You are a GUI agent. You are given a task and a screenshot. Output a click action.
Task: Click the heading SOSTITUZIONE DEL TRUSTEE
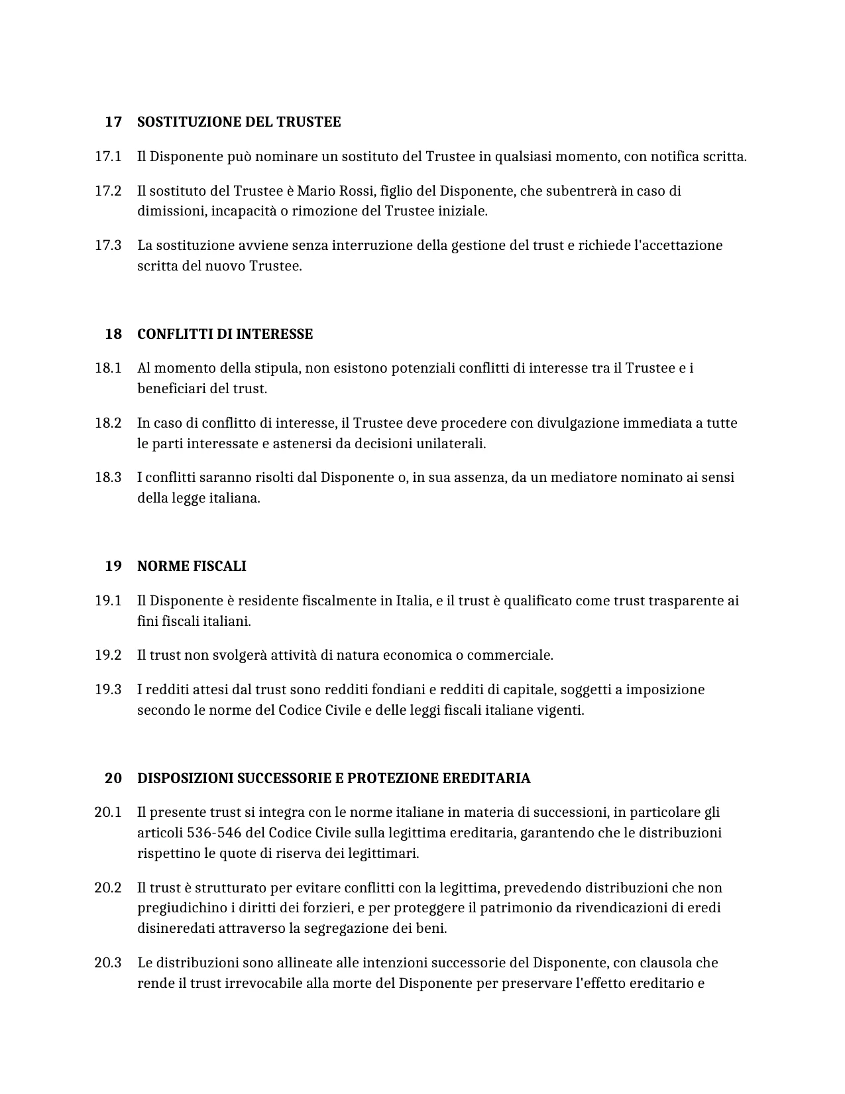tap(239, 122)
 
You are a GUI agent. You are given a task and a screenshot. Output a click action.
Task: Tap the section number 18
tap(113, 334)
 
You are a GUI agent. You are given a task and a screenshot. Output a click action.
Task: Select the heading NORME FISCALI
tap(192, 566)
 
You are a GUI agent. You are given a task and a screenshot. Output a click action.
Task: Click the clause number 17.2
tap(108, 191)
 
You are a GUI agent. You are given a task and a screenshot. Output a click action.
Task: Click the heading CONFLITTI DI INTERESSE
tap(225, 334)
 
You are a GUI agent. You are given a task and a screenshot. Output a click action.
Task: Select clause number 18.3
tap(108, 477)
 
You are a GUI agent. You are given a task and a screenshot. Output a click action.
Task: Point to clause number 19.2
tap(108, 655)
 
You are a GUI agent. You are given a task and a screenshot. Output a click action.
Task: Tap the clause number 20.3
tap(108, 963)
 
